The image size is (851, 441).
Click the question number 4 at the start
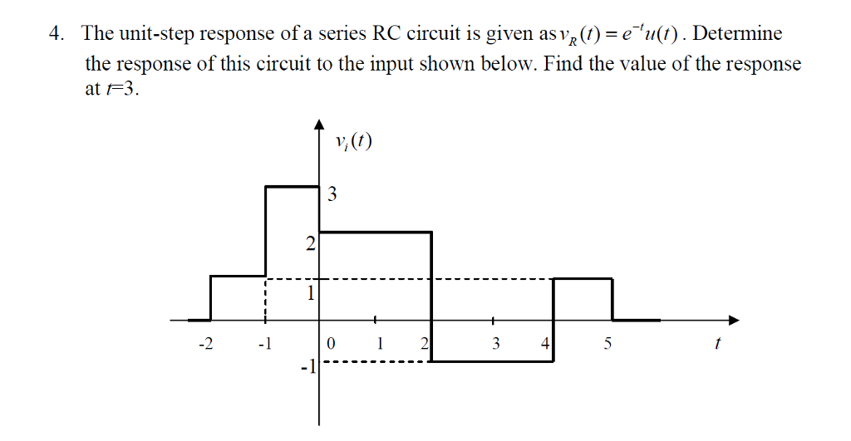pos(55,34)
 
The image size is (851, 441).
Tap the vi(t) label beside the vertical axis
pos(350,142)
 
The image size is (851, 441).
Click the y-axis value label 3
pos(332,196)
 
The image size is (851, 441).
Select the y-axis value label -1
pos(307,366)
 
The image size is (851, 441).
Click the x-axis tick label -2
pos(204,344)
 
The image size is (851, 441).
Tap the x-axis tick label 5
pos(608,344)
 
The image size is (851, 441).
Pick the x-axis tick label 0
pos(331,344)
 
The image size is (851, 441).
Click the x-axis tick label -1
pos(264,344)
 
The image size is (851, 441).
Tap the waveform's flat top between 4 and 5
pos(583,278)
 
